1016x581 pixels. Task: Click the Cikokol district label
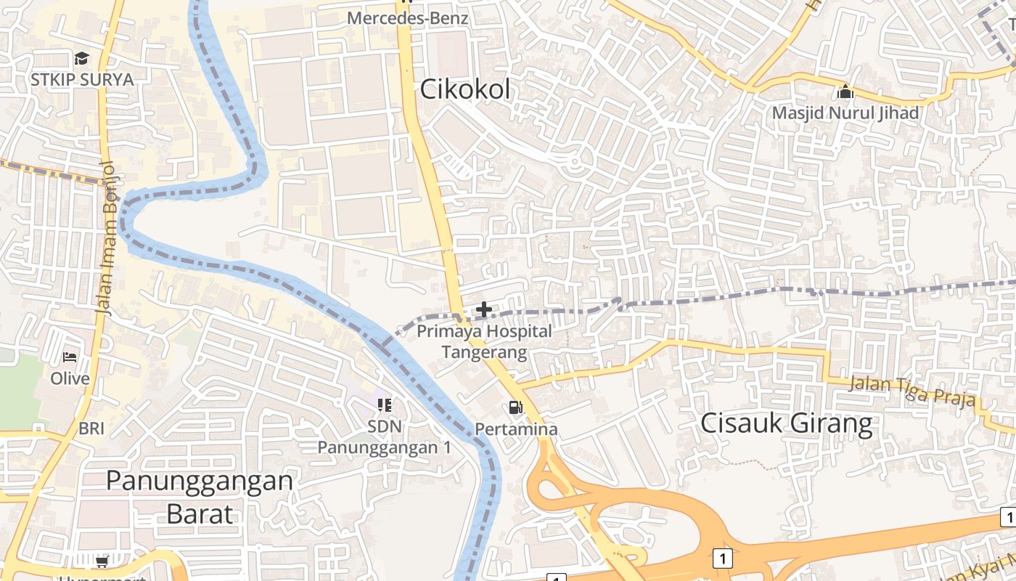click(x=465, y=90)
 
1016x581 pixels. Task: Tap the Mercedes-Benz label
click(x=407, y=18)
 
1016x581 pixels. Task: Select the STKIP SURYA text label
click(x=82, y=79)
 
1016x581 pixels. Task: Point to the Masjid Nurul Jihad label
click(x=845, y=113)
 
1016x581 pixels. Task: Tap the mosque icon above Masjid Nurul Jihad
click(x=845, y=92)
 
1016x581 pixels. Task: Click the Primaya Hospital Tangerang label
click(x=484, y=342)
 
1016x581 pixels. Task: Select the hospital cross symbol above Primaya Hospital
click(x=483, y=310)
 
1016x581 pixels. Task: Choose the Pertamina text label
click(x=516, y=429)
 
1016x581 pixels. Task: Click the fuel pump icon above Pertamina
click(x=515, y=408)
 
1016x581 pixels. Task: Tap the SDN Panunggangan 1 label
click(x=384, y=436)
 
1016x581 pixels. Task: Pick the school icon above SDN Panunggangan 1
click(x=384, y=405)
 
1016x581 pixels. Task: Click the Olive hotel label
click(x=70, y=378)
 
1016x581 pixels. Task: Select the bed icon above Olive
click(x=70, y=357)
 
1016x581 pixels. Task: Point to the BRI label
click(x=91, y=428)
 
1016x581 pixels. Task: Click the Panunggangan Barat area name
click(x=200, y=497)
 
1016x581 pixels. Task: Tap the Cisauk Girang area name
click(x=786, y=423)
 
